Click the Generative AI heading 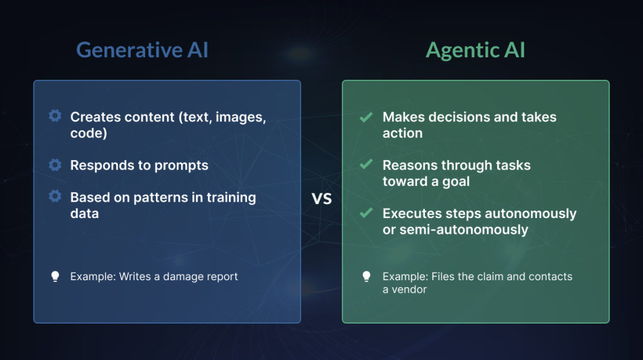pyautogui.click(x=142, y=50)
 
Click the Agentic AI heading pyautogui.click(x=475, y=51)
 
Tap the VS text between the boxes pyautogui.click(x=322, y=199)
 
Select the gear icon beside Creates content pyautogui.click(x=55, y=116)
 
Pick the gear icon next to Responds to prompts pyautogui.click(x=55, y=165)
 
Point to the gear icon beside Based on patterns pyautogui.click(x=55, y=197)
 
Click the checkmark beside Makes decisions pyautogui.click(x=366, y=117)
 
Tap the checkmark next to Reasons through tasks pyautogui.click(x=366, y=165)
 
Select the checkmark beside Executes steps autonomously pyautogui.click(x=366, y=213)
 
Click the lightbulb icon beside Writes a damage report pyautogui.click(x=55, y=276)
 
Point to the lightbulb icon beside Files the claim pyautogui.click(x=366, y=276)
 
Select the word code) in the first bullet pyautogui.click(x=89, y=133)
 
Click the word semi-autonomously pyautogui.click(x=464, y=230)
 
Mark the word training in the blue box pyautogui.click(x=231, y=198)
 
